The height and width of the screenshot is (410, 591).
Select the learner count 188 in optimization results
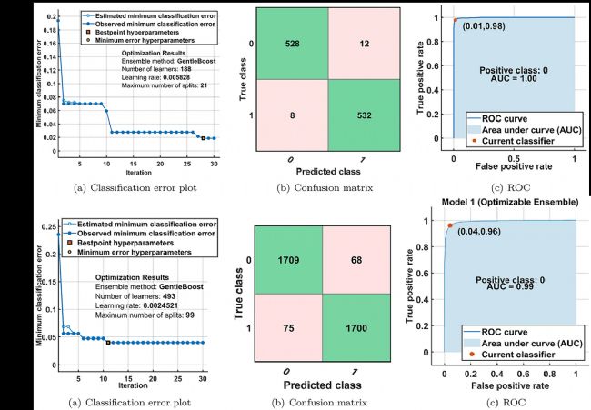pyautogui.click(x=174, y=67)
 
